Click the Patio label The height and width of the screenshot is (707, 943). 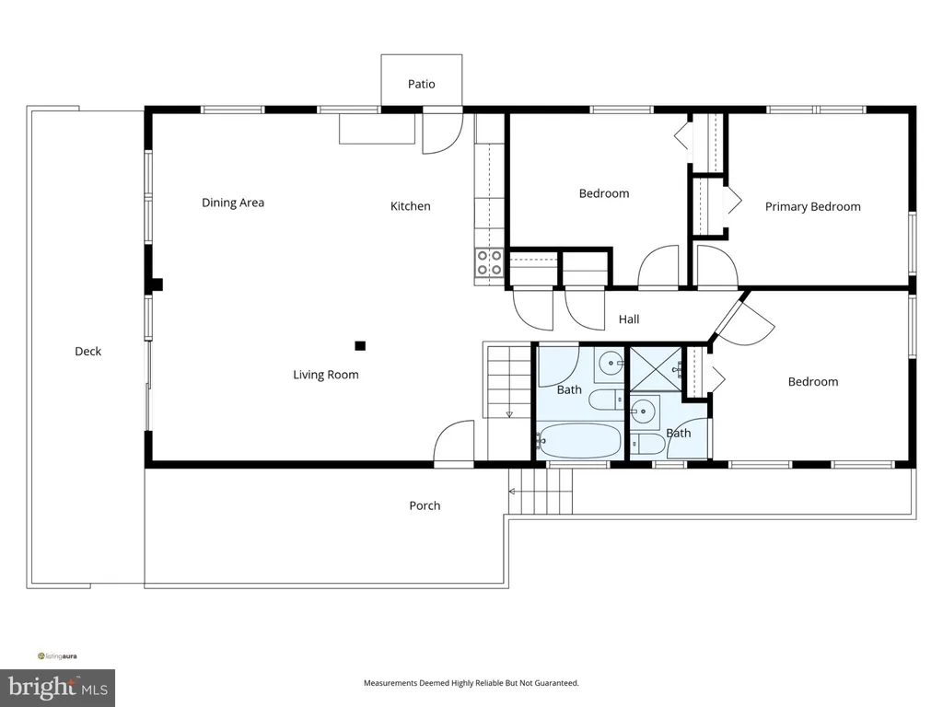click(x=421, y=84)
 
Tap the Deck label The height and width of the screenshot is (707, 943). click(x=87, y=351)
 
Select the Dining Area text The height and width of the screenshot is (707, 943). click(x=233, y=203)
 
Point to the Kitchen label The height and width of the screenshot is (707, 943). click(x=410, y=206)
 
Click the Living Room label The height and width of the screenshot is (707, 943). click(x=325, y=375)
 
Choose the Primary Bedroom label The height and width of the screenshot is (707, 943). click(x=812, y=207)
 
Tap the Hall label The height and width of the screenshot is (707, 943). click(x=628, y=319)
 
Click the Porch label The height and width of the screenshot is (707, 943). click(x=425, y=505)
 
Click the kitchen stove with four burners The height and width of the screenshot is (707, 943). click(x=489, y=262)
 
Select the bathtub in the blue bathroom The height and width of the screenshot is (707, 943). click(x=579, y=441)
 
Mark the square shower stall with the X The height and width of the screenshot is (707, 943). click(x=656, y=368)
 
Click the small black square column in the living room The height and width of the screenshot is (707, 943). click(x=360, y=346)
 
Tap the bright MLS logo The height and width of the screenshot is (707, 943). click(x=57, y=688)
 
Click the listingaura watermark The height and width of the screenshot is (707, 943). click(x=57, y=655)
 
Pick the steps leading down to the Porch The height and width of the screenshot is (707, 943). click(x=540, y=492)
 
